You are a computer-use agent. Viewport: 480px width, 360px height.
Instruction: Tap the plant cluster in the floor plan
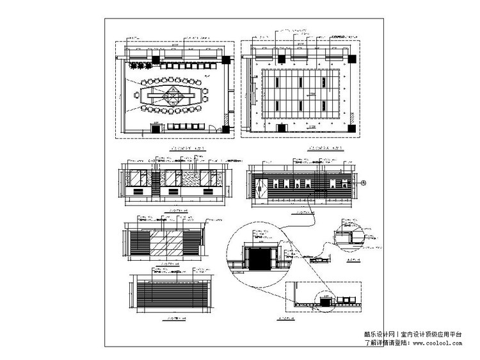pyautogui.click(x=140, y=65)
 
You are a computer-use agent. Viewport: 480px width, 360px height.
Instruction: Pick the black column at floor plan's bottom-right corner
pyautogui.click(x=226, y=126)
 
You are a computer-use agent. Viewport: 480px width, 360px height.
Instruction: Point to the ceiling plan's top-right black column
pyautogui.click(x=353, y=59)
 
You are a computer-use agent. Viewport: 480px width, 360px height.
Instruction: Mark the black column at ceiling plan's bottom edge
pyautogui.click(x=282, y=127)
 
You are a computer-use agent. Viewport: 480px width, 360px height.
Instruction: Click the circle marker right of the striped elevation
pyautogui.click(x=364, y=183)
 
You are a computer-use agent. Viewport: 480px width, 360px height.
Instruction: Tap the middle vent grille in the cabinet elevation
pyautogui.click(x=172, y=191)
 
